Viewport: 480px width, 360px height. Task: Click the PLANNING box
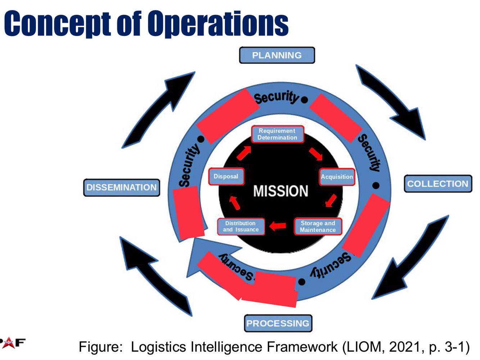tap(277, 55)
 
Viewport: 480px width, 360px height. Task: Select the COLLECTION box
tap(438, 184)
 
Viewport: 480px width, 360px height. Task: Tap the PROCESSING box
tap(278, 323)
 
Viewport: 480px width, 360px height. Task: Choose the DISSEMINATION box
tap(122, 187)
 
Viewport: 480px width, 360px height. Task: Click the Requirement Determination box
tap(277, 134)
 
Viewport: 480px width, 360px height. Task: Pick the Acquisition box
tap(337, 177)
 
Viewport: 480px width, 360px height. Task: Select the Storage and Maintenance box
tap(318, 227)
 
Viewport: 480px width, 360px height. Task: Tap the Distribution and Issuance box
tap(241, 227)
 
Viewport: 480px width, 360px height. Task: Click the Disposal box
tap(226, 177)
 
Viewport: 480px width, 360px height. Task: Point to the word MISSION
tap(281, 191)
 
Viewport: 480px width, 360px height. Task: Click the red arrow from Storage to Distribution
tap(278, 226)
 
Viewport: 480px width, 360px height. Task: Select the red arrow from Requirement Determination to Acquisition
tap(316, 154)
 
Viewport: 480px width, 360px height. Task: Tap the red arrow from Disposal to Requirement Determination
tap(244, 153)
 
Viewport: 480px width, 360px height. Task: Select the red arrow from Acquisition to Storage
tap(331, 200)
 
